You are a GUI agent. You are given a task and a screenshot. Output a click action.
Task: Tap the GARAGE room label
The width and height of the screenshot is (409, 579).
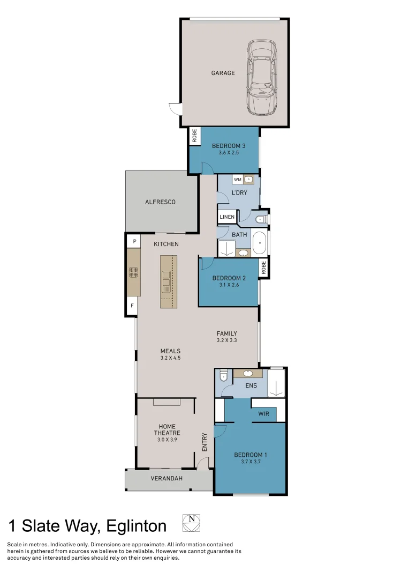(223, 73)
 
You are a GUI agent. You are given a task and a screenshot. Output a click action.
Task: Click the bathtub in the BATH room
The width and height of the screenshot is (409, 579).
(260, 243)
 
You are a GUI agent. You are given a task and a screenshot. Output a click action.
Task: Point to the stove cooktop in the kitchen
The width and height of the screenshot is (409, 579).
(134, 272)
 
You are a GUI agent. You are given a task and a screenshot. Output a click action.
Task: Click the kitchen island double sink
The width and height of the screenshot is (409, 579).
(167, 281)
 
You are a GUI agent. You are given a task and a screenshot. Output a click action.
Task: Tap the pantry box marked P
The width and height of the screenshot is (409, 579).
(134, 242)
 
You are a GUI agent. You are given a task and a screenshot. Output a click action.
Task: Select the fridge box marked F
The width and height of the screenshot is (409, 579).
(132, 306)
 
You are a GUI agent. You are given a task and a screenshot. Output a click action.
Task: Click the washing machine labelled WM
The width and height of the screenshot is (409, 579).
(238, 179)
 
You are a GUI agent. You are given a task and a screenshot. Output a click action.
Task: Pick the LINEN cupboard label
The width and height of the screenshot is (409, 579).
(227, 217)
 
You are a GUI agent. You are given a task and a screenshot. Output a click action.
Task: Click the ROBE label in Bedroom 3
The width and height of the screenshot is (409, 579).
(194, 136)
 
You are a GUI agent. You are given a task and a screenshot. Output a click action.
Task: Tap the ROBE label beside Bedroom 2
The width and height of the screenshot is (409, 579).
(263, 267)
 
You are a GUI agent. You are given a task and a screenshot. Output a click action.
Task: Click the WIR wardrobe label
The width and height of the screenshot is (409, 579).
(263, 414)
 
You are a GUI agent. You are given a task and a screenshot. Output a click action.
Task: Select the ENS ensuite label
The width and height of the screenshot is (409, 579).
(251, 385)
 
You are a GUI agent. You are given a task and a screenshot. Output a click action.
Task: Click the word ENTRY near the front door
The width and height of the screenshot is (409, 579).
(205, 442)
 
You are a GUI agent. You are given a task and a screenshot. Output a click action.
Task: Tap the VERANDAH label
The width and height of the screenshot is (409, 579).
(164, 478)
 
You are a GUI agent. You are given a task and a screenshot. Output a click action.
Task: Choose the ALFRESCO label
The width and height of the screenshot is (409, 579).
(160, 202)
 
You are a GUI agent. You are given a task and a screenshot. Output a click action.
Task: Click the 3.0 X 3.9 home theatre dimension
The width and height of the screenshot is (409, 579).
(166, 440)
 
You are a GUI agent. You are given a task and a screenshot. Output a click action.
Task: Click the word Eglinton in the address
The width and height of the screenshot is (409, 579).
(137, 526)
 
